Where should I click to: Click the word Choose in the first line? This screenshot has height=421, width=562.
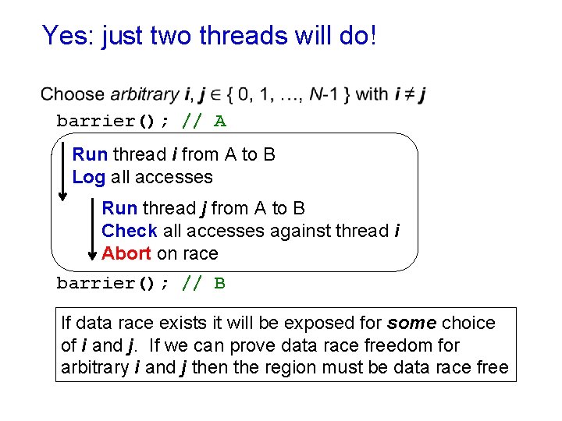tap(73, 95)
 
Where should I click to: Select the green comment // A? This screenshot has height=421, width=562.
tap(204, 121)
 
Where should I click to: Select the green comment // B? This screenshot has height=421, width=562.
tap(204, 283)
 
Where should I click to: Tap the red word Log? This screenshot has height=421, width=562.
tap(88, 177)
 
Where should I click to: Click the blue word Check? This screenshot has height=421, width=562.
tap(130, 231)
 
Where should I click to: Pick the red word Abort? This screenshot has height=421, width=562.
tap(126, 253)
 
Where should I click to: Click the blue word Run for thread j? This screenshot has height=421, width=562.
tap(119, 208)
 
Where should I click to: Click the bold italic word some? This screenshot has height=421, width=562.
tap(413, 323)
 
